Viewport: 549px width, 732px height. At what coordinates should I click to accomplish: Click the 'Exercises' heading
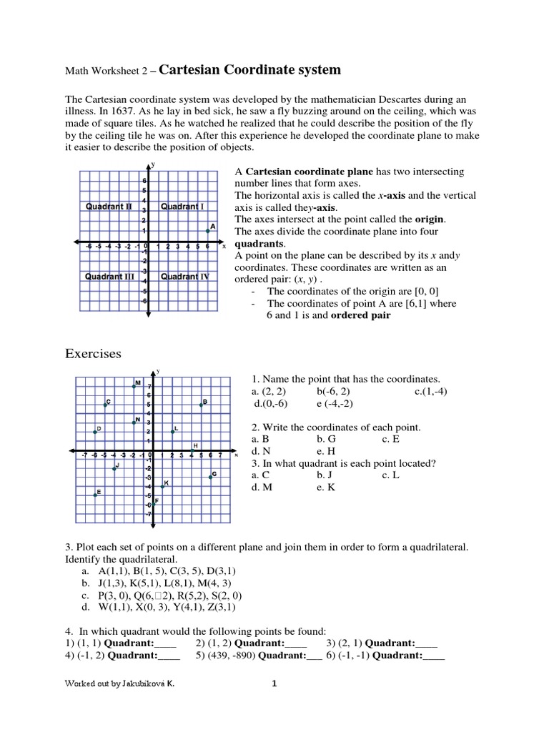coord(94,354)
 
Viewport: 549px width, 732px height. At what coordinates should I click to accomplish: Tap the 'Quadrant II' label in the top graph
coord(109,207)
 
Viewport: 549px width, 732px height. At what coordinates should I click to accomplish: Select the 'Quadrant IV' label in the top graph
coord(184,276)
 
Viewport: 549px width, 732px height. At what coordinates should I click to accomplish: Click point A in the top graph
coord(207,230)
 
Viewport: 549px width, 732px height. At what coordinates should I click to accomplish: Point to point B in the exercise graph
coord(201,405)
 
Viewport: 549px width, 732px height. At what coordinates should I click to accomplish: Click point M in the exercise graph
coord(134,386)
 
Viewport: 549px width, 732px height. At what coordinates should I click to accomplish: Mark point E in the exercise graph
coord(95,495)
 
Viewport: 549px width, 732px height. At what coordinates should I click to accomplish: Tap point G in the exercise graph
coord(210,477)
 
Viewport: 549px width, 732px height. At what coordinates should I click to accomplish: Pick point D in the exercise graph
coord(95,432)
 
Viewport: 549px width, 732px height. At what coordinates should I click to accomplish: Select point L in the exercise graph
coord(172,432)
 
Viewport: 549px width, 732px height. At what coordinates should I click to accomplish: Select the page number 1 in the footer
coord(273,683)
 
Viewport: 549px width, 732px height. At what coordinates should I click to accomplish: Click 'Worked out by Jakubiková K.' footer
coord(119,683)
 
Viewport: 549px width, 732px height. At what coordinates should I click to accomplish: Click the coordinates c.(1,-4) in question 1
coord(430,392)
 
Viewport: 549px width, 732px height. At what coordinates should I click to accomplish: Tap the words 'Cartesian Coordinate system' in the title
coord(249,69)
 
